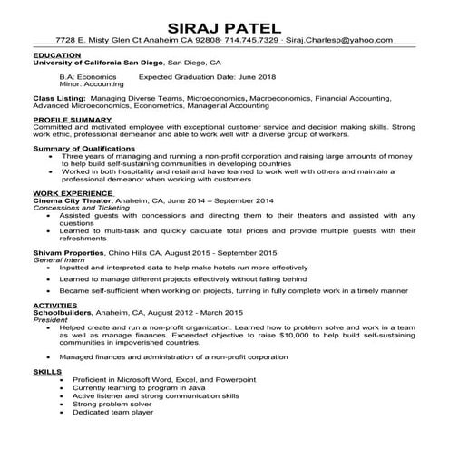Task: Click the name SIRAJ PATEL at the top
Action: click(224, 22)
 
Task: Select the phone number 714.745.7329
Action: click(248, 41)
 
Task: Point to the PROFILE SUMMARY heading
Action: click(72, 119)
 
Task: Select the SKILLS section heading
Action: click(46, 371)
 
